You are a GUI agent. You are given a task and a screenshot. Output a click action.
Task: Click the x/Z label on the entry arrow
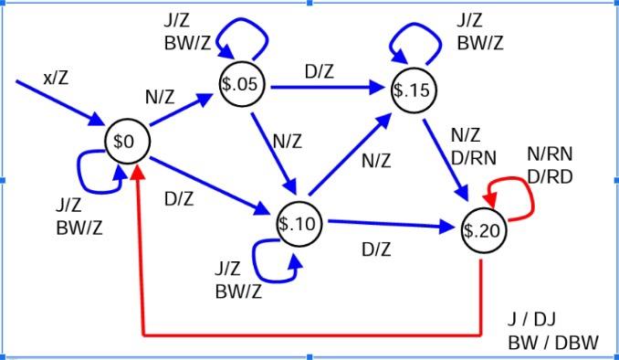click(x=55, y=79)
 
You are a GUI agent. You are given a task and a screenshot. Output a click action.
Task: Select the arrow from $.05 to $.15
click(x=324, y=88)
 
